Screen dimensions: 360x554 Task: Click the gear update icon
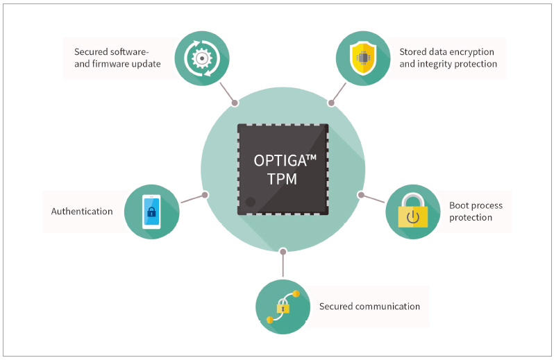click(x=201, y=58)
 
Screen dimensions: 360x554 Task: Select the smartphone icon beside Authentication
click(x=151, y=212)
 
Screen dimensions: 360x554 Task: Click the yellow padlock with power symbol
click(x=412, y=212)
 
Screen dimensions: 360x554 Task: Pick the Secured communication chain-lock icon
click(x=283, y=307)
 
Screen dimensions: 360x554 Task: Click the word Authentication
click(x=82, y=212)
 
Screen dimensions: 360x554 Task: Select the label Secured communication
click(x=369, y=306)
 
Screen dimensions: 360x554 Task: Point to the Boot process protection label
click(x=476, y=212)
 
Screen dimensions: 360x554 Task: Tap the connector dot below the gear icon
click(x=235, y=103)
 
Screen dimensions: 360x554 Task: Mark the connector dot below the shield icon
click(x=331, y=103)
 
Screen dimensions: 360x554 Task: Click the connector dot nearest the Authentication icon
click(x=205, y=195)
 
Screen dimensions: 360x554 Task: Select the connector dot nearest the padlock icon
click(x=360, y=195)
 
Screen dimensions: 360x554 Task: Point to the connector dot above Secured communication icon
click(x=283, y=251)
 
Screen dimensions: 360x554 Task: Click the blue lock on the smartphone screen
click(x=151, y=212)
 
